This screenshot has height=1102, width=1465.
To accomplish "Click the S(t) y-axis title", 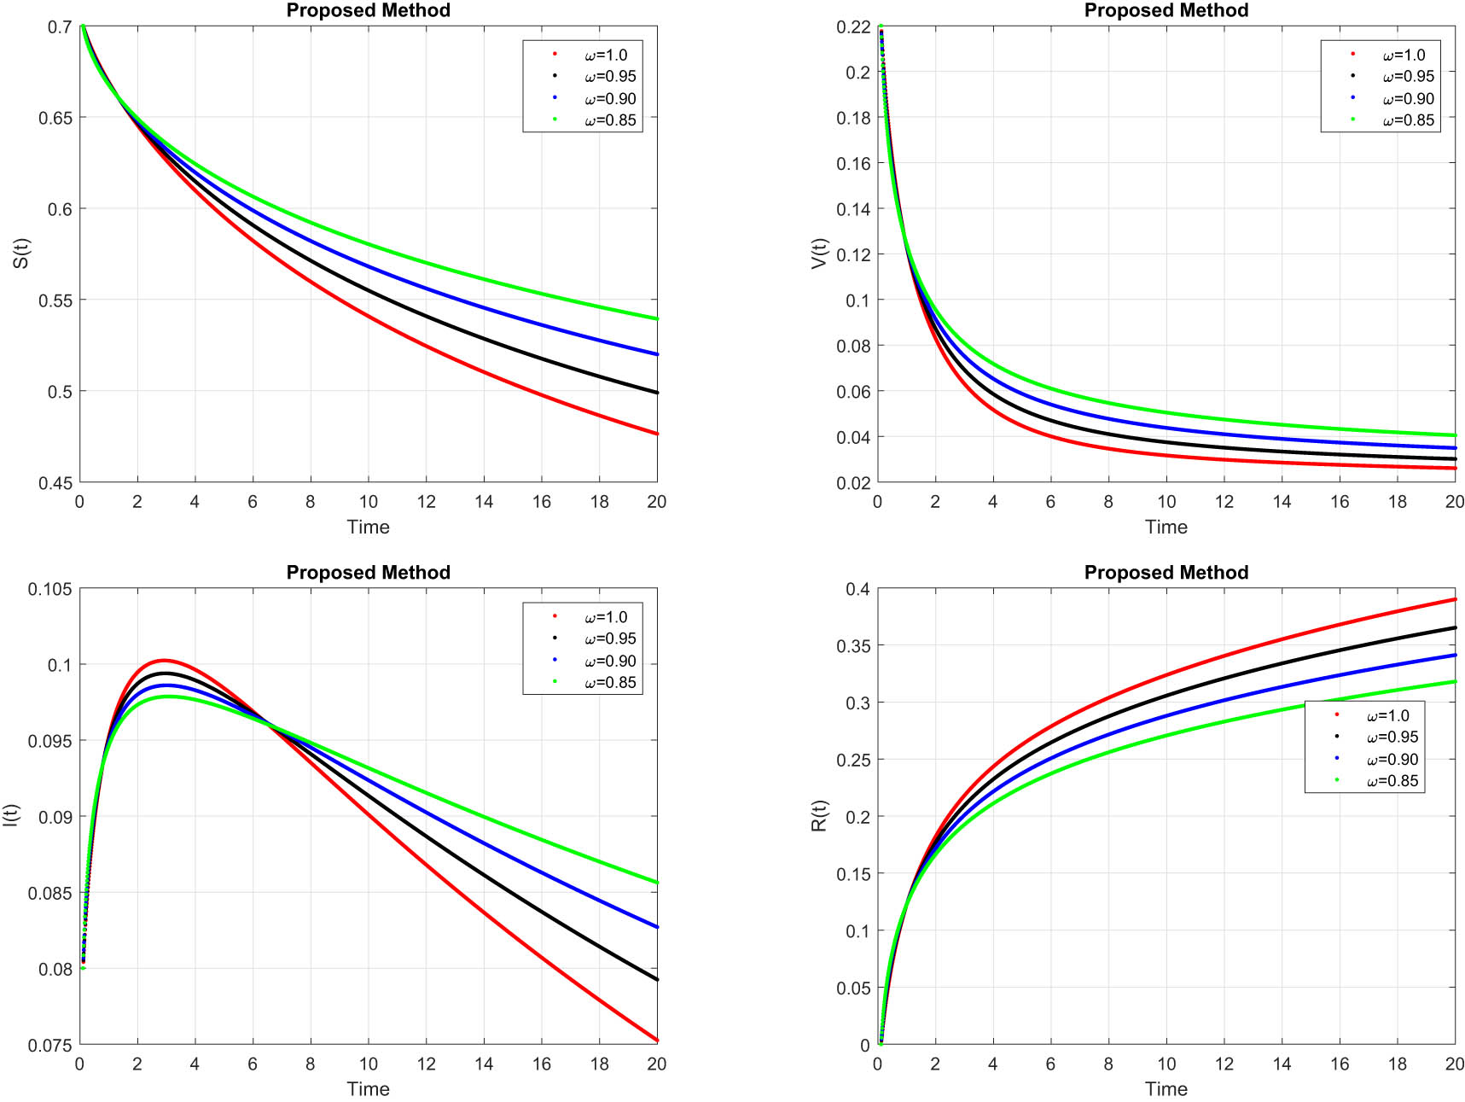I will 20,254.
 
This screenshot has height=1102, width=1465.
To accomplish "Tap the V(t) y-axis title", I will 819,254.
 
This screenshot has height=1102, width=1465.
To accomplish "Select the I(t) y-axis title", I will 10,815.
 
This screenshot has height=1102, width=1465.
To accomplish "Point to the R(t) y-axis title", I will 819,815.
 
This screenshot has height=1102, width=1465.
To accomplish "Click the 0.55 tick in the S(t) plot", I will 55,300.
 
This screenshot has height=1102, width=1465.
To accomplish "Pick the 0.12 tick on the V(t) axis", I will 853,254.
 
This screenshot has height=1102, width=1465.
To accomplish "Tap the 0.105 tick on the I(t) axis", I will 50,589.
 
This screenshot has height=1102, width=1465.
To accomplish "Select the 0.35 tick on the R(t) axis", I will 853,646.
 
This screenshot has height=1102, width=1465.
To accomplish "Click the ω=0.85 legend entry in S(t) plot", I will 609,120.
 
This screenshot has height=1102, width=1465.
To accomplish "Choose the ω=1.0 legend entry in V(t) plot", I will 1404,55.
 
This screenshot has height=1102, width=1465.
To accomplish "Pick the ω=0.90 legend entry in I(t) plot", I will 609,661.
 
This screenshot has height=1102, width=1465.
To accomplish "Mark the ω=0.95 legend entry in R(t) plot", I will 1392,738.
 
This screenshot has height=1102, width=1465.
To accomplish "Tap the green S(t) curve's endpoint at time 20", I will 656,319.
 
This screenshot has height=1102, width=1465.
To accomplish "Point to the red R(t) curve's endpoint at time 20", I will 1454,599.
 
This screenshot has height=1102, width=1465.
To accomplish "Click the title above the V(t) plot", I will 1166,10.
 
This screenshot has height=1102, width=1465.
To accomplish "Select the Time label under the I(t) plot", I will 368,1088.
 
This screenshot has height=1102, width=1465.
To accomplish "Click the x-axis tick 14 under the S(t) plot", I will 484,502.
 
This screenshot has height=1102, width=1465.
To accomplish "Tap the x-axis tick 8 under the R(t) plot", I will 1107,1064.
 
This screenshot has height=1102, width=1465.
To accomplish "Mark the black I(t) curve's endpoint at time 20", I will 656,979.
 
